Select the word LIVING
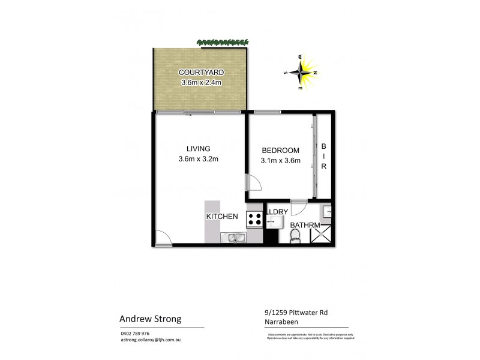pyautogui.click(x=198, y=149)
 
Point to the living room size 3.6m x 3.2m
pyautogui.click(x=198, y=159)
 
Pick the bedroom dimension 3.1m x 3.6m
pyautogui.click(x=280, y=160)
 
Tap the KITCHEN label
pyautogui.click(x=223, y=217)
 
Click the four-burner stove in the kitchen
pyautogui.click(x=254, y=220)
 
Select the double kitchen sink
pyautogui.click(x=232, y=238)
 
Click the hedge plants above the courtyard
pyautogui.click(x=221, y=43)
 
